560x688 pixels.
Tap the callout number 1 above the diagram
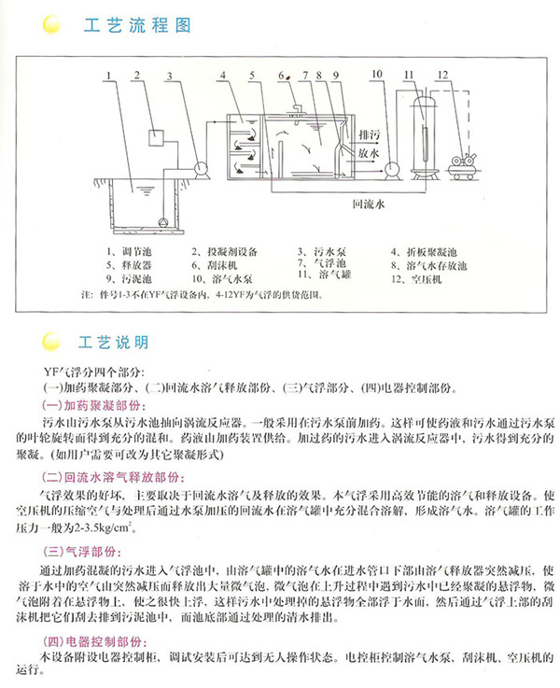pyautogui.click(x=109, y=74)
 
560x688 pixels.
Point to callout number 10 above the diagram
pyautogui.click(x=376, y=74)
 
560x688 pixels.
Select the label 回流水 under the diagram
pyautogui.click(x=366, y=201)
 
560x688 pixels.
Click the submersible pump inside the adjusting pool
pyautogui.click(x=164, y=222)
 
